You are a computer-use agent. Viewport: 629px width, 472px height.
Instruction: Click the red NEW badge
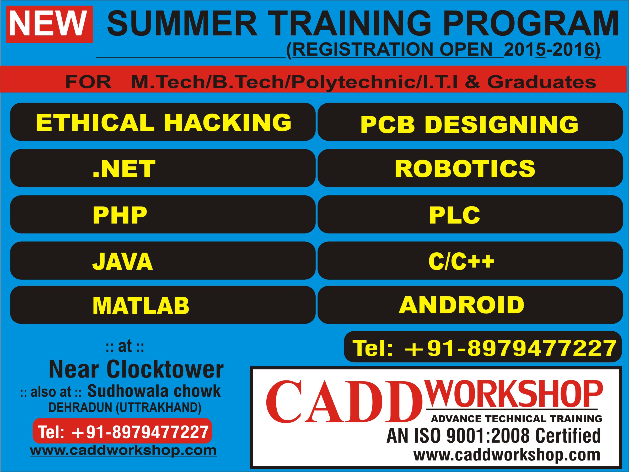[x=50, y=24]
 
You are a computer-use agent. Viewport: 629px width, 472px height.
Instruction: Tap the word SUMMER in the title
[x=182, y=23]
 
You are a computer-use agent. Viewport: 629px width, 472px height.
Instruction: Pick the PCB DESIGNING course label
[x=469, y=124]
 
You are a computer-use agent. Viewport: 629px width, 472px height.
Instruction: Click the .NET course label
[x=124, y=169]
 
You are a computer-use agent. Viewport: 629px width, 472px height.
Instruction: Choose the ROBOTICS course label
[x=465, y=169]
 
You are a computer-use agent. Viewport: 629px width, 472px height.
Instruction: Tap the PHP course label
[x=120, y=215]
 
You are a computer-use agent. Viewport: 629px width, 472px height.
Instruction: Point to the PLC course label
[x=454, y=215]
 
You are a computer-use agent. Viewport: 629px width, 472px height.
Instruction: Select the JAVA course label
[x=122, y=261]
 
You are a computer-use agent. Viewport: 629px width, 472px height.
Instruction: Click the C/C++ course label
[x=461, y=261]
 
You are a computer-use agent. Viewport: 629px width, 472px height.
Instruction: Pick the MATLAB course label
[x=141, y=306]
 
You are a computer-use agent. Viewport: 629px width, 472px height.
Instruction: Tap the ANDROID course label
[x=461, y=305]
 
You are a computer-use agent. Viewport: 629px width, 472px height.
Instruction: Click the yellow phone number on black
[x=484, y=348]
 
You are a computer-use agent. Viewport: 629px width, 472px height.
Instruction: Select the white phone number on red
[x=123, y=432]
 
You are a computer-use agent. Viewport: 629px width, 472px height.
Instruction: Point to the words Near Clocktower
[x=136, y=369]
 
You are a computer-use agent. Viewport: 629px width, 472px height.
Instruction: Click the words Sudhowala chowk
[x=154, y=391]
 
